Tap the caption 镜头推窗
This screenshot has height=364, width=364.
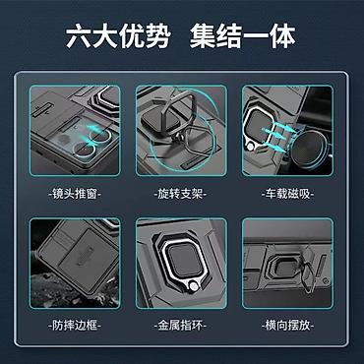click(75, 194)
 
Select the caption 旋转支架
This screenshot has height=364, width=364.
click(180, 194)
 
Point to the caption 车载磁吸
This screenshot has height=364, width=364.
click(287, 194)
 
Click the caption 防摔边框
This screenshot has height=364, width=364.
click(75, 326)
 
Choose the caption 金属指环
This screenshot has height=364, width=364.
click(180, 326)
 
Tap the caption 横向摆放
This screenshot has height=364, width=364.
click(287, 326)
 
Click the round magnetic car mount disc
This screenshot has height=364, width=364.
click(307, 149)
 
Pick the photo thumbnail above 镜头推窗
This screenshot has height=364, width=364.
click(75, 130)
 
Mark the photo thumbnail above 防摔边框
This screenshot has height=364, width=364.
click(75, 263)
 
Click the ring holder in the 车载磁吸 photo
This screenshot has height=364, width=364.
click(260, 126)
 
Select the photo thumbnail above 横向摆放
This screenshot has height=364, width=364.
click(287, 263)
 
